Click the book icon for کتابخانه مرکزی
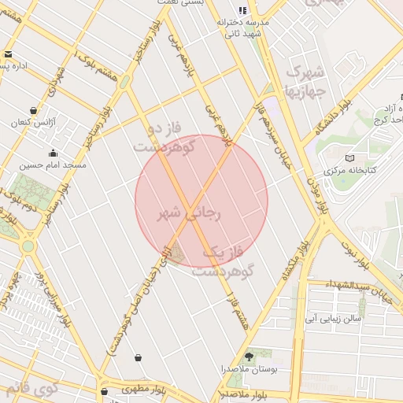(x=350, y=158)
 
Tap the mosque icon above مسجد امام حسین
(x=53, y=153)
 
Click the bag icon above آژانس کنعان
(x=32, y=111)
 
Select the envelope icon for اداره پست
(x=8, y=54)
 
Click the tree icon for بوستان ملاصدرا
(x=249, y=357)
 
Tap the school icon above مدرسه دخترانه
(x=242, y=10)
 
